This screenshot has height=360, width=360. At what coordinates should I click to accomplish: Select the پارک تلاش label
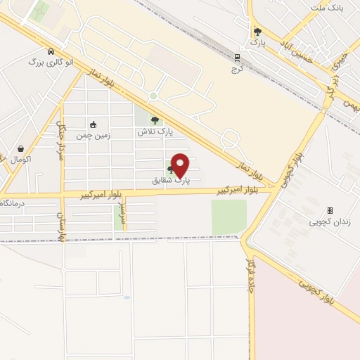pos(155,131)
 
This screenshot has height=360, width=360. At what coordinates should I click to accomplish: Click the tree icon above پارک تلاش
pos(155,120)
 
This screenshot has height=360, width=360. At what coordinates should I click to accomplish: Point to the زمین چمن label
pos(94,135)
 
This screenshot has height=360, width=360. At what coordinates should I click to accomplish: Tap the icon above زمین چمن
pos(94,124)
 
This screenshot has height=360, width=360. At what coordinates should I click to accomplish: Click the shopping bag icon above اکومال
pos(21,149)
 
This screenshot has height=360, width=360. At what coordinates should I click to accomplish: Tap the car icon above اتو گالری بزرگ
pos(51,51)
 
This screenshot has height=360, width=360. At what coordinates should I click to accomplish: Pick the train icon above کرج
pos(238,58)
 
